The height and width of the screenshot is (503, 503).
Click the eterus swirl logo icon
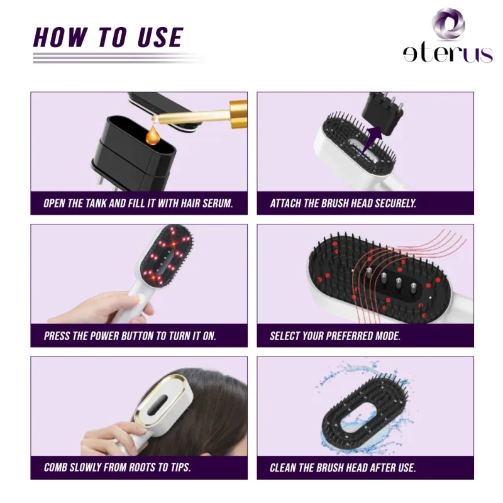[448, 24]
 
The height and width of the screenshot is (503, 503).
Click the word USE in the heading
[160, 38]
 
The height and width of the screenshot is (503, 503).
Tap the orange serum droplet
[152, 135]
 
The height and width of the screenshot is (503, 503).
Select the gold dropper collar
[238, 114]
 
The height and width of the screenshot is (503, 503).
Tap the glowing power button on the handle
[140, 298]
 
